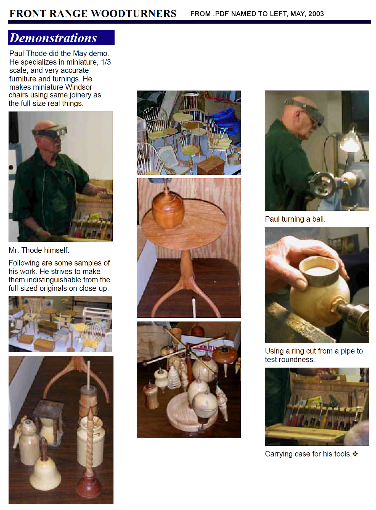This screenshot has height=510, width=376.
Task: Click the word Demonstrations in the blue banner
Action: [x=53, y=38]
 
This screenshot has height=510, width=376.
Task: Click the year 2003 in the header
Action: [x=316, y=14]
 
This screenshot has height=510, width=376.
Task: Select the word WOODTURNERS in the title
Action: [x=134, y=14]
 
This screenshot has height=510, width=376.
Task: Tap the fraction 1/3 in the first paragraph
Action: [x=106, y=62]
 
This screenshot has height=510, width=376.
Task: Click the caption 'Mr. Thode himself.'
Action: [x=39, y=250]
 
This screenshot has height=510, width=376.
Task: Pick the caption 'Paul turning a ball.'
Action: [x=295, y=219]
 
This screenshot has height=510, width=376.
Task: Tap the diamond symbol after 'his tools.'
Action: [x=355, y=454]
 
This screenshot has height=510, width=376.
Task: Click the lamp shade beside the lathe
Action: [x=349, y=142]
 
